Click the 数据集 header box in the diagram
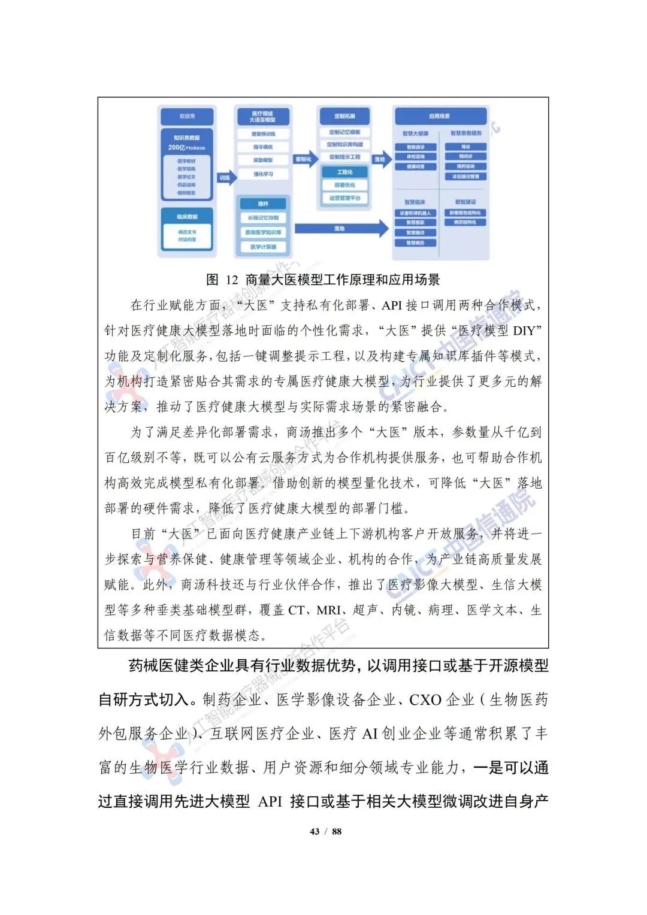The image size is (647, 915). (187, 116)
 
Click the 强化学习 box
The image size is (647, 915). (263, 174)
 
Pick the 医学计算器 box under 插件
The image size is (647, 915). (263, 247)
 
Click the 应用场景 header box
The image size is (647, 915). (440, 116)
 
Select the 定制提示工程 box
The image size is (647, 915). (344, 157)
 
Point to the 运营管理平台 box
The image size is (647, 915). (344, 198)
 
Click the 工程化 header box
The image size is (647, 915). (344, 172)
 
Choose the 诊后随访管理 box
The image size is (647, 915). (465, 177)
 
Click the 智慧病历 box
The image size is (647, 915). (415, 243)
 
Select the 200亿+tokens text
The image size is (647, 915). (186, 147)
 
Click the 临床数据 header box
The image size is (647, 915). (187, 217)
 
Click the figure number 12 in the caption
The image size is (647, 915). (232, 280)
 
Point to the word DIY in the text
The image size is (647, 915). (528, 331)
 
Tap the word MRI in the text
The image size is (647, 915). (328, 610)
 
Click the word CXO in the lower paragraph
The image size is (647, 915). (425, 700)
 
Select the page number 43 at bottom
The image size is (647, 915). (315, 831)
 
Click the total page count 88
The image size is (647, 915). (337, 831)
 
